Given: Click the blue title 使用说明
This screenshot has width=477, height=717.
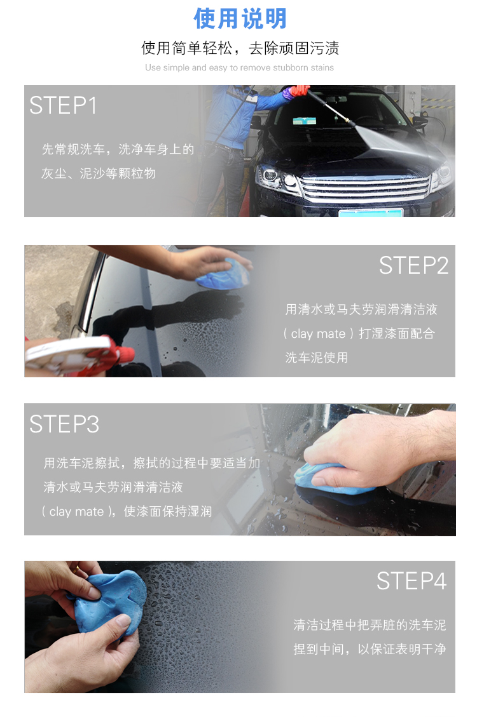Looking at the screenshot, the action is [x=240, y=18].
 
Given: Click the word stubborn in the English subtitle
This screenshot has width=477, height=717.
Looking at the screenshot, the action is [x=290, y=68].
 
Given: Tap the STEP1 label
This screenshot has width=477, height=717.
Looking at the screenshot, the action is [x=63, y=105].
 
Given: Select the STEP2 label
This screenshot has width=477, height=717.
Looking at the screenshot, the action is [x=413, y=265].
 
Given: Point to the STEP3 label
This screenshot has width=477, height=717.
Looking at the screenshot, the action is [x=64, y=424].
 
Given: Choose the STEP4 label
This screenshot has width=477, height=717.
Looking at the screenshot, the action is [x=411, y=581].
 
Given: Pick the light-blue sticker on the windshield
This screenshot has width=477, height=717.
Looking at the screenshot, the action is [x=305, y=120].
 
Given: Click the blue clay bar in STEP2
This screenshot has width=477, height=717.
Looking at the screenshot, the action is [x=223, y=274].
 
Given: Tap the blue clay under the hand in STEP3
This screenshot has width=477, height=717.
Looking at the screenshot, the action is [x=332, y=481].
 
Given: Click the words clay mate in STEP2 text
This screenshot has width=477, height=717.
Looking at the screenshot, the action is [x=318, y=334].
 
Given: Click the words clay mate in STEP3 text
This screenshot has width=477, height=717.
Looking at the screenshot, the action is [x=76, y=511].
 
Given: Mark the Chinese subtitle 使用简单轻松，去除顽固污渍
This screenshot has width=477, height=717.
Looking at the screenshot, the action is [x=240, y=48].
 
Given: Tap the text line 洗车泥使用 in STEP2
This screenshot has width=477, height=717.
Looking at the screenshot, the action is [x=316, y=358].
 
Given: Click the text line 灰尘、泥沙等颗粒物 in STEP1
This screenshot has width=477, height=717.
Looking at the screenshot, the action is [x=99, y=174].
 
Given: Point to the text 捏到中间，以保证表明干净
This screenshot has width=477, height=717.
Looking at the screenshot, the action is [x=370, y=649].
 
